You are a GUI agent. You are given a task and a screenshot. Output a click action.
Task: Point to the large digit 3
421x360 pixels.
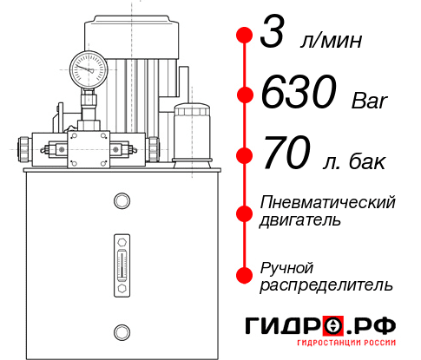click(273, 36)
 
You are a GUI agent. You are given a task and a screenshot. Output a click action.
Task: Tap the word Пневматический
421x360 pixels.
click(328, 202)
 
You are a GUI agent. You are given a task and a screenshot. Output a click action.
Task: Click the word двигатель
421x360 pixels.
click(300, 220)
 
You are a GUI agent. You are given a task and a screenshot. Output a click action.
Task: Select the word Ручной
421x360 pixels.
click(286, 266)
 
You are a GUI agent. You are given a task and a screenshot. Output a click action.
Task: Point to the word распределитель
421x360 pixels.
click(326, 285)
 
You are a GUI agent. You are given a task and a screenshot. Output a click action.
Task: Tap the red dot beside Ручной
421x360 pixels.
click(244, 275)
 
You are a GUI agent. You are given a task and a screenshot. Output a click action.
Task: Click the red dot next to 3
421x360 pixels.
click(244, 36)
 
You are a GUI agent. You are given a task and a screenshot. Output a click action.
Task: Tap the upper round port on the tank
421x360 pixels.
click(121, 202)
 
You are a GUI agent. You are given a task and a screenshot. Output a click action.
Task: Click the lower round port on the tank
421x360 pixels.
click(121, 331)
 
